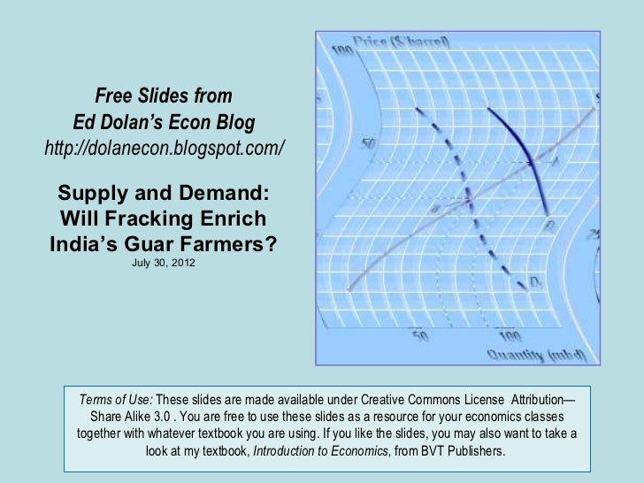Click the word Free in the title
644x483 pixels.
click(115, 95)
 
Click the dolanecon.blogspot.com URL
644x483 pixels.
click(165, 147)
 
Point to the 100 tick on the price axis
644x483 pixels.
click(343, 55)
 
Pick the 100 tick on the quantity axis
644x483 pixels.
click(509, 336)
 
